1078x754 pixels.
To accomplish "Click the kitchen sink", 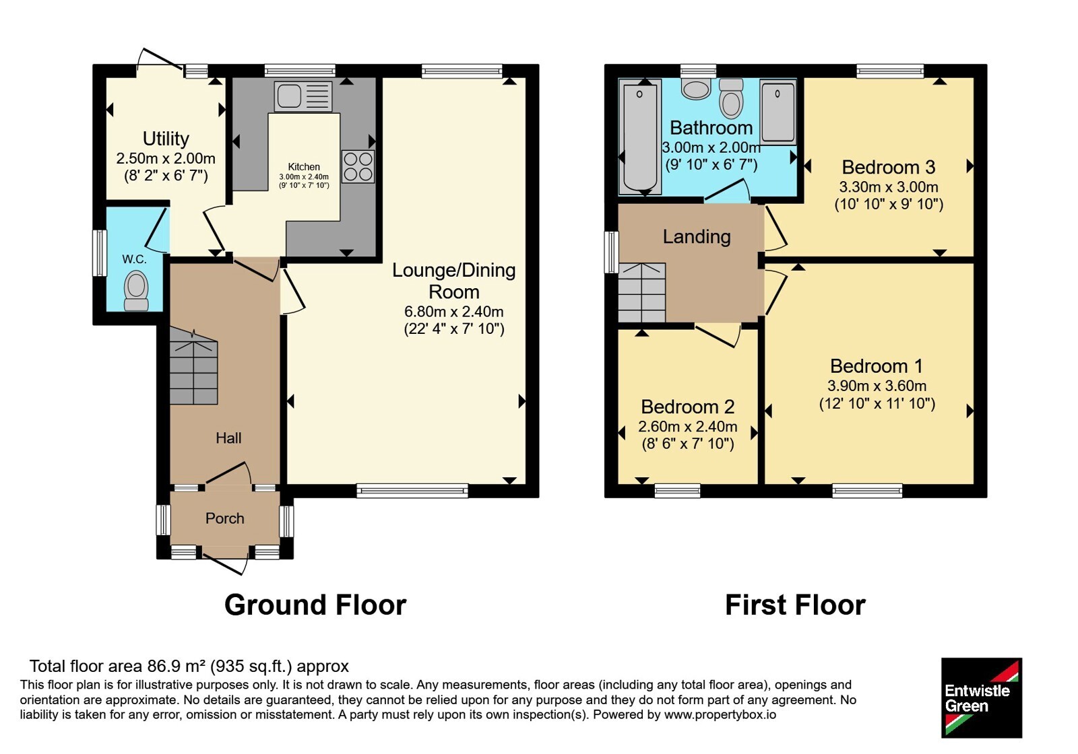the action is click(303, 96).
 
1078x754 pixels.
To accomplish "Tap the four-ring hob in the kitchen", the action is click(358, 166).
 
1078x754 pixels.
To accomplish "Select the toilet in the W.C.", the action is click(136, 291).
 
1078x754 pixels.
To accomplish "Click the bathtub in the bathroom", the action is click(639, 137).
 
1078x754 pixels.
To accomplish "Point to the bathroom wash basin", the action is click(696, 90).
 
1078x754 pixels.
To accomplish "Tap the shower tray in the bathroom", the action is click(778, 112).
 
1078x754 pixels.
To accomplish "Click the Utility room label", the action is click(166, 139).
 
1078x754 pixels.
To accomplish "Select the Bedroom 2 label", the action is click(688, 407).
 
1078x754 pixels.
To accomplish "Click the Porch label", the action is click(225, 518).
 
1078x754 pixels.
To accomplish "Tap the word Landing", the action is click(697, 236).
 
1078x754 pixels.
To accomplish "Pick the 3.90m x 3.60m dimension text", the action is click(877, 386).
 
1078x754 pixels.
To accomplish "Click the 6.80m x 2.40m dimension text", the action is click(454, 312).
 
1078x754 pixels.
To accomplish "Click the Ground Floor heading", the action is click(315, 605).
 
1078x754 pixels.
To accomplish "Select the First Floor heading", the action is click(795, 605).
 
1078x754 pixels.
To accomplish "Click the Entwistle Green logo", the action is click(982, 697).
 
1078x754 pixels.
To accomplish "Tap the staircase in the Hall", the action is click(193, 366).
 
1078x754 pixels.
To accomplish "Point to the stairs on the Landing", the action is click(642, 292).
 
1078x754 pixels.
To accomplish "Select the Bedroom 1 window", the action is click(868, 491).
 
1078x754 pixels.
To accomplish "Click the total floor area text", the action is click(189, 666).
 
